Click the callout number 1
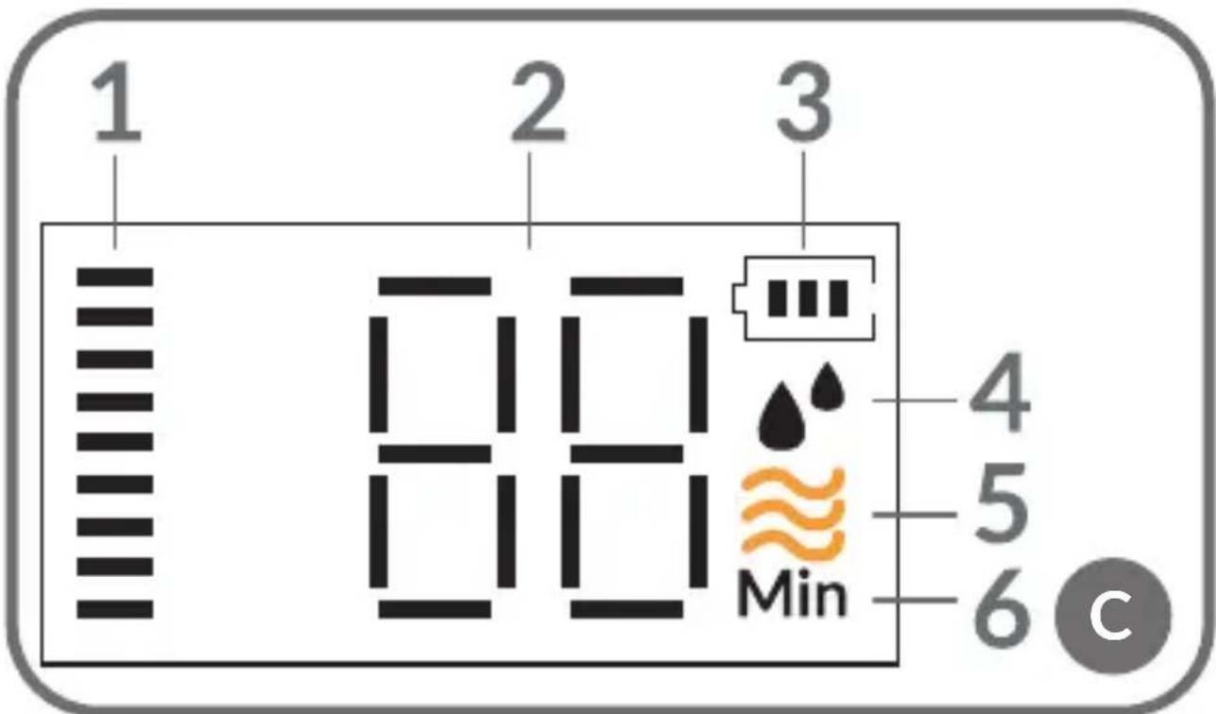click(x=117, y=102)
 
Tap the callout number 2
click(x=539, y=102)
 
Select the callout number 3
click(x=804, y=102)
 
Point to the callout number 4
click(x=1001, y=392)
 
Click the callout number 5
click(x=1002, y=503)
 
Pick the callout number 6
click(x=1002, y=608)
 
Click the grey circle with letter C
click(x=1113, y=616)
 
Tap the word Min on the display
click(x=793, y=593)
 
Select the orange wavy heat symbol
click(x=793, y=513)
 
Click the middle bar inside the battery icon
click(x=807, y=298)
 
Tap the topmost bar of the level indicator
click(x=115, y=277)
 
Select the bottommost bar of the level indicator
click(x=115, y=609)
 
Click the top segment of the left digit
click(x=435, y=286)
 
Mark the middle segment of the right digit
click(x=627, y=453)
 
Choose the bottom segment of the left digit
click(x=435, y=609)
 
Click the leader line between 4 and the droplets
click(x=915, y=400)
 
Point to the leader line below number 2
click(x=529, y=201)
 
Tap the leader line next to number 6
click(x=915, y=600)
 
